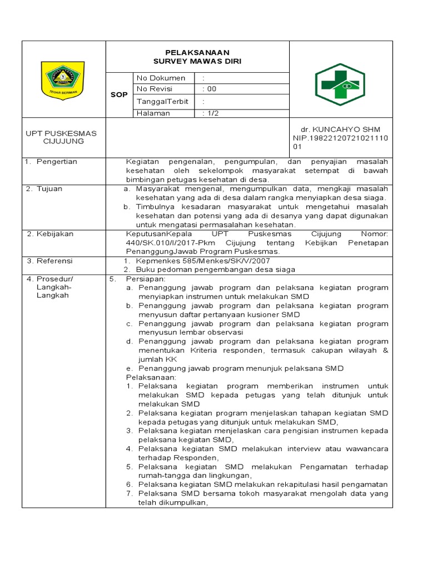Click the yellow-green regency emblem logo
62,79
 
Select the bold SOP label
118,95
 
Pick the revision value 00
211,89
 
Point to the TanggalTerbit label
162,102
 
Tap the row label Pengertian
57,162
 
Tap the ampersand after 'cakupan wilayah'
385,350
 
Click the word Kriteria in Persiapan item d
202,350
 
